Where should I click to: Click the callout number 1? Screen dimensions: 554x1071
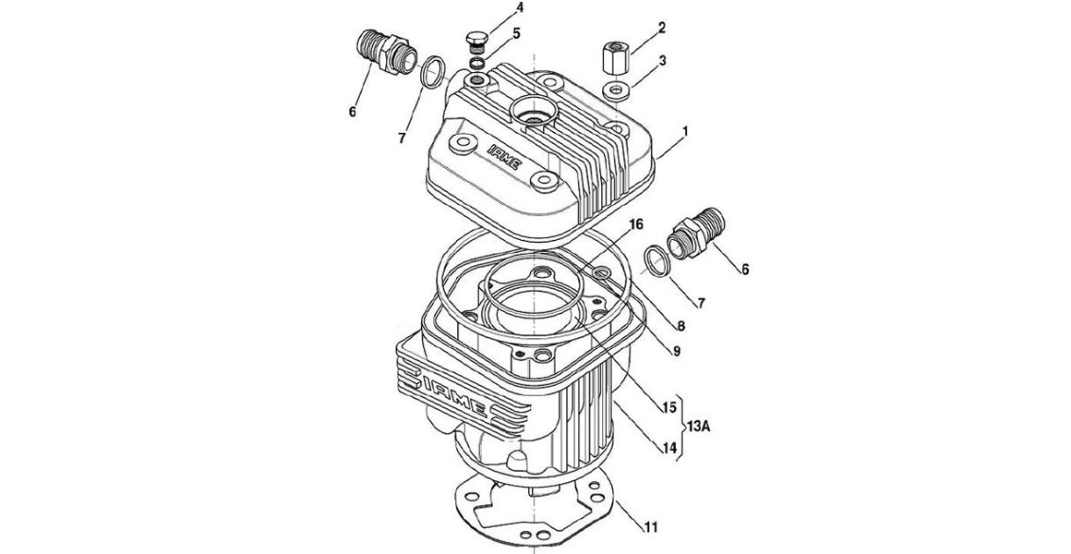[684, 133]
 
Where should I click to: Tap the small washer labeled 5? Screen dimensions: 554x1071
[476, 62]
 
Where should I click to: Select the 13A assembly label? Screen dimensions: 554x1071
[702, 426]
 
